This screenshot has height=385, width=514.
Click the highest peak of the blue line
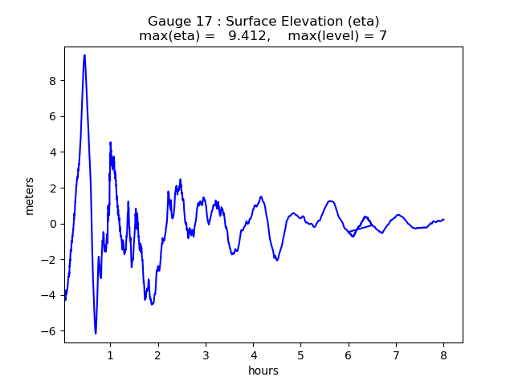84,55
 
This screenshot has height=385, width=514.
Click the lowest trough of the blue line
96,333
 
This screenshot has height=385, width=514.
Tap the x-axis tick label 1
110,355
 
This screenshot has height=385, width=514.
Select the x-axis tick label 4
253,355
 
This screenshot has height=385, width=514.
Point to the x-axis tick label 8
443,355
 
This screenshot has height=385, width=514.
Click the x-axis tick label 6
349,355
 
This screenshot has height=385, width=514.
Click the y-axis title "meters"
30,196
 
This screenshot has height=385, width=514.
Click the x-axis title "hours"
263,371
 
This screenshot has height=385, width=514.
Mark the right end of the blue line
443,219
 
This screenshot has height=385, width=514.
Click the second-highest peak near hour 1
110,143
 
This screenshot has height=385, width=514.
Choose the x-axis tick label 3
206,355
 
